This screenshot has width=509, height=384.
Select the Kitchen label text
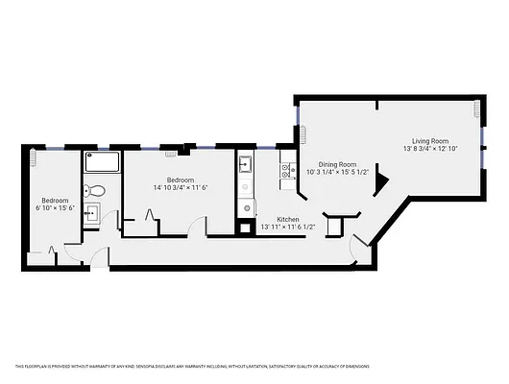[x=288, y=220]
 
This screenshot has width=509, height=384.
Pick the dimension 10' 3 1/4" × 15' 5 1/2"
[x=337, y=173]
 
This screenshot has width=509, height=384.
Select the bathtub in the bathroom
[x=101, y=162]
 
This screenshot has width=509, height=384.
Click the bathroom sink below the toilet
[x=94, y=213]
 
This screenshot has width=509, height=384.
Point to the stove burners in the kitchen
[x=285, y=172]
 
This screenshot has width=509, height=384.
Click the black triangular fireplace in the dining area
[x=381, y=180]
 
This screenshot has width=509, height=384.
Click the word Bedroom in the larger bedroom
[x=181, y=180]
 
